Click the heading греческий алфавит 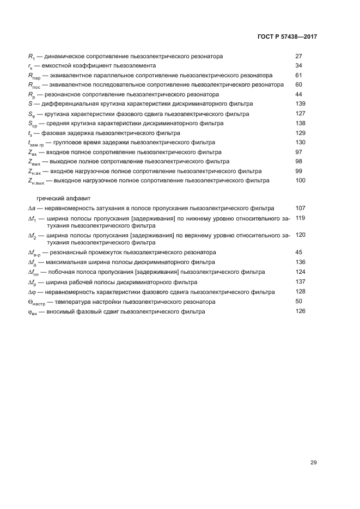[60, 199]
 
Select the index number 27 [298, 56]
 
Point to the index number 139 [300, 103]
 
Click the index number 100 [300, 180]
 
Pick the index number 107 [300, 208]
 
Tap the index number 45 [298, 252]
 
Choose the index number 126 [300, 311]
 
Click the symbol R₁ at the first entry [31, 57]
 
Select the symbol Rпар [34, 76]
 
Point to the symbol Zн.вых [36, 181]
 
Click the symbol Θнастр [37, 302]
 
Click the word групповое [69, 142]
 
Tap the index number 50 [298, 301]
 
